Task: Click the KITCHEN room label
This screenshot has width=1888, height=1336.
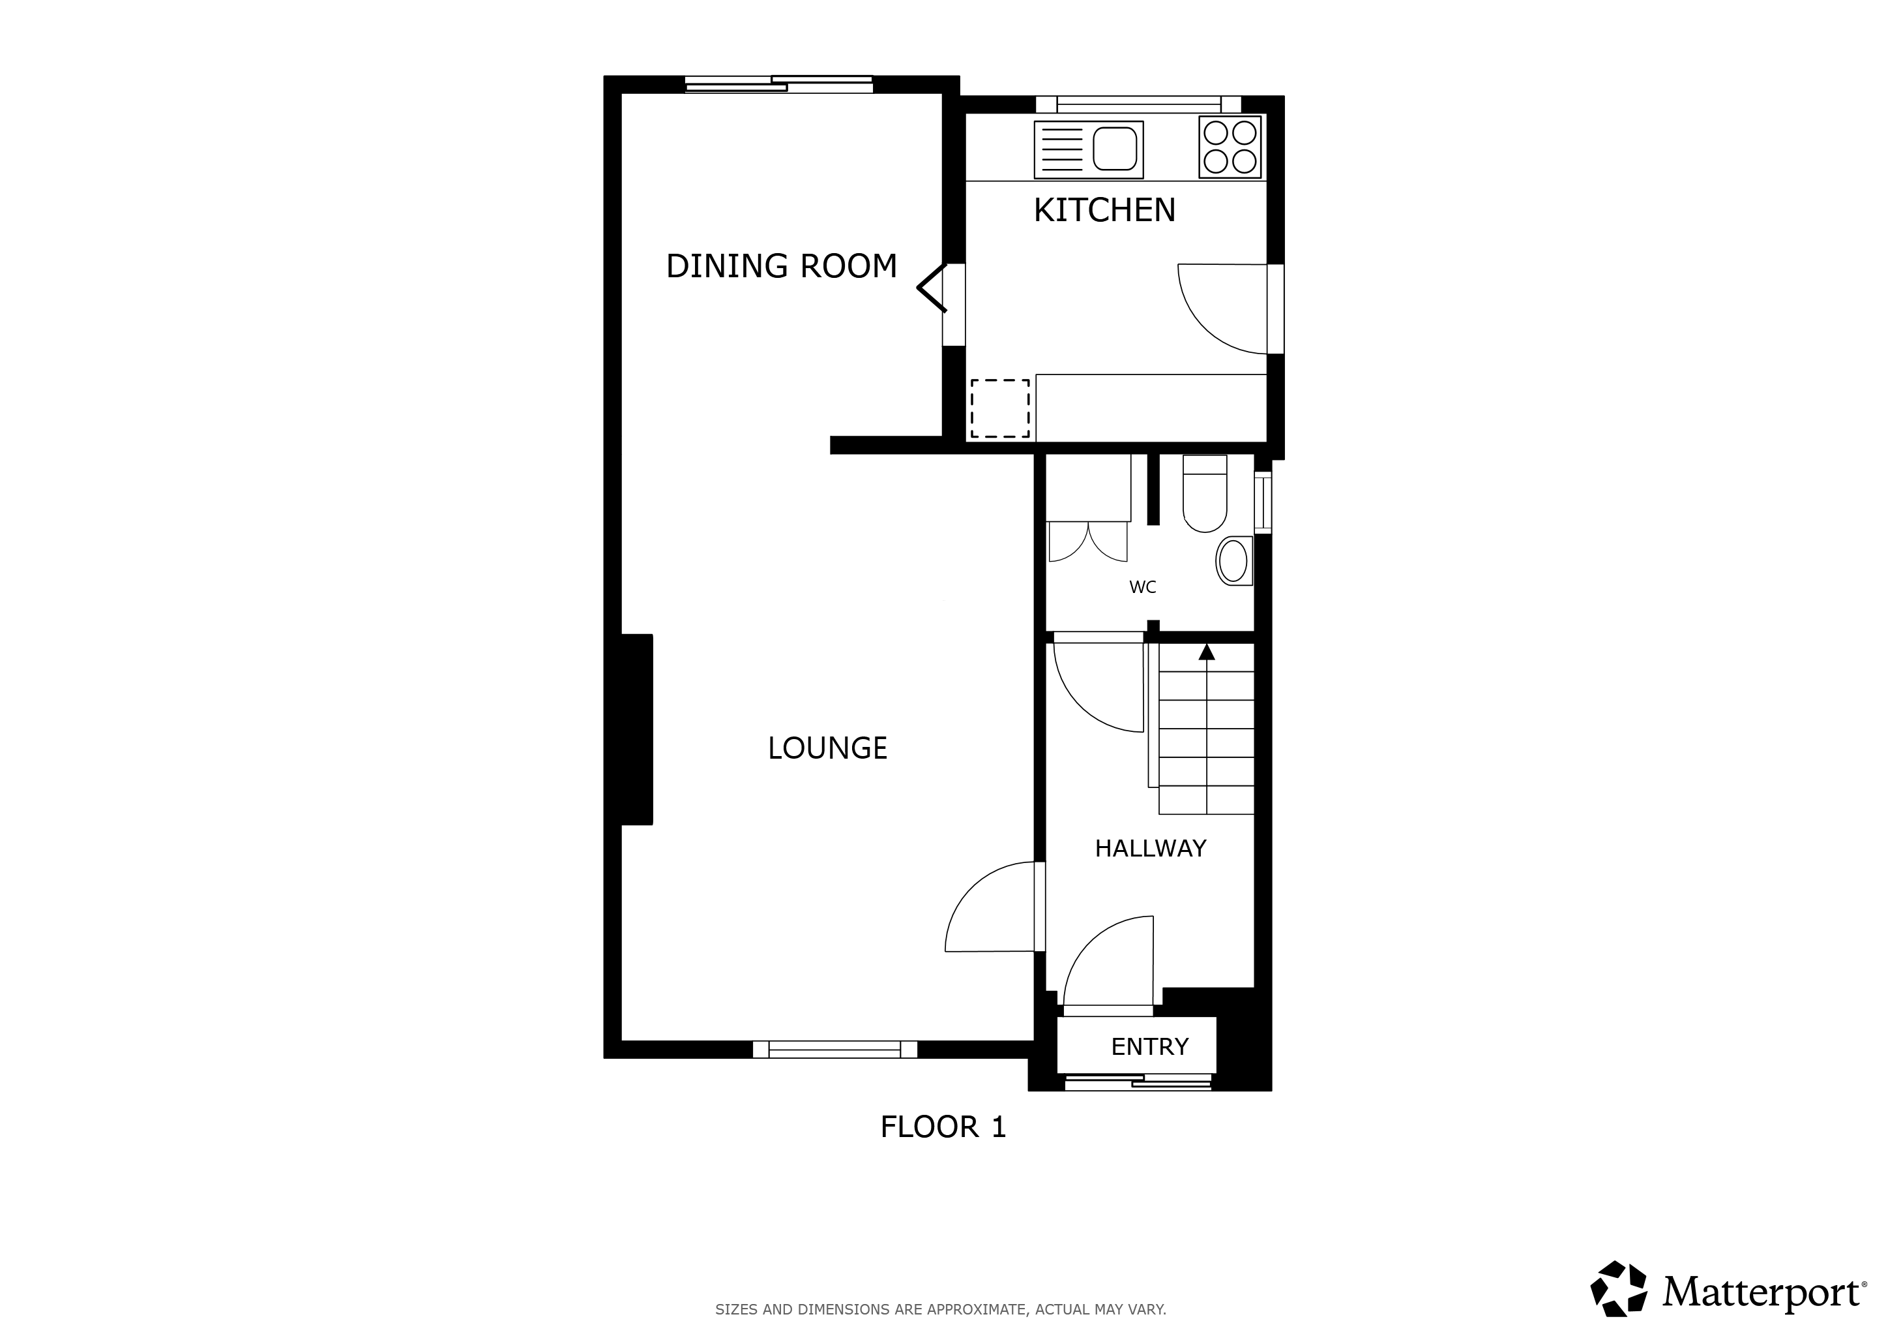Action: (x=1104, y=211)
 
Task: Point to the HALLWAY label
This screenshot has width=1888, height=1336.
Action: (x=1151, y=848)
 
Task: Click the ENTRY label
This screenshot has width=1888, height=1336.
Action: (x=1149, y=1046)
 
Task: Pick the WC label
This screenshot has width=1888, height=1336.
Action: (x=1142, y=587)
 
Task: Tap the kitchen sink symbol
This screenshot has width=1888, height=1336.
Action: (x=1089, y=150)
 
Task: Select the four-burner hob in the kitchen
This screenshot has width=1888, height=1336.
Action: (x=1230, y=146)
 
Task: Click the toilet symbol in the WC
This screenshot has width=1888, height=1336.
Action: (x=1205, y=494)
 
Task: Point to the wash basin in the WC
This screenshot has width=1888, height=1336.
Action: (x=1234, y=561)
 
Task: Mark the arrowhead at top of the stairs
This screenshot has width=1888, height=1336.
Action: (x=1206, y=652)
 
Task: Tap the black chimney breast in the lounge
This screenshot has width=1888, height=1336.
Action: (x=636, y=729)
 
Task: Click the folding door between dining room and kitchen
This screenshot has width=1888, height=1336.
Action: (x=932, y=288)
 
